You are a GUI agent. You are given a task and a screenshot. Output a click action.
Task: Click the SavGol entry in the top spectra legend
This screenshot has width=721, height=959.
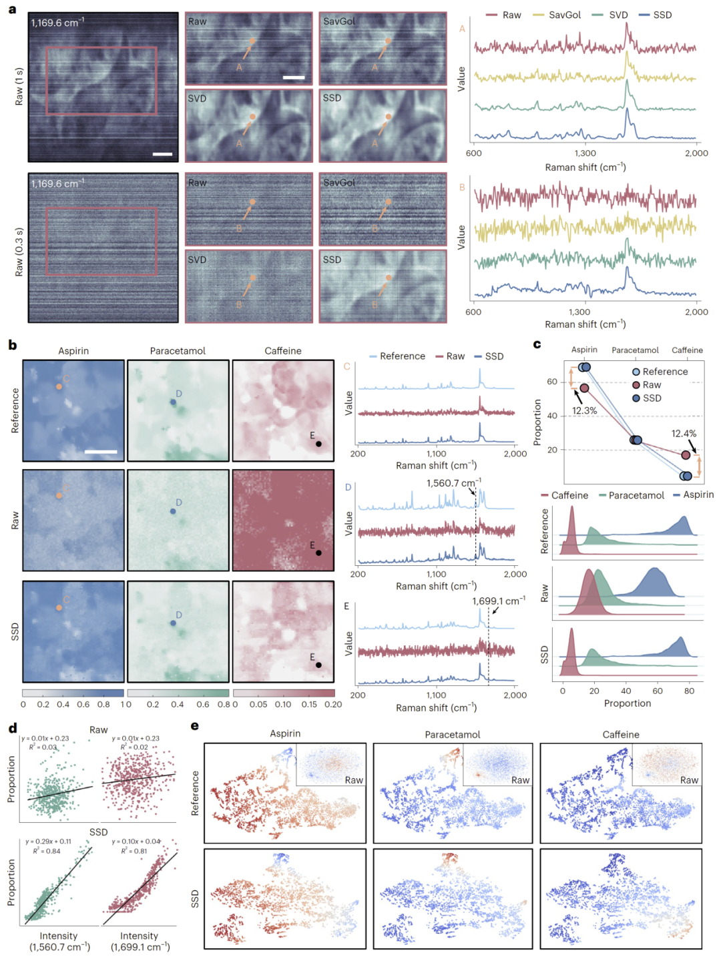pyautogui.click(x=565, y=15)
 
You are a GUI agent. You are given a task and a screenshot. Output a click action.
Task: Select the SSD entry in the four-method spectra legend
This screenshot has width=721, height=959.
pyautogui.click(x=662, y=15)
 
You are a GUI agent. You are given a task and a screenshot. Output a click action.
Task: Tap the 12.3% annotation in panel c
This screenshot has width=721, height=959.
pyautogui.click(x=584, y=410)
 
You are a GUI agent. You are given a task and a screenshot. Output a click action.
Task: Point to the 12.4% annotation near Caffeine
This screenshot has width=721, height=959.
pyautogui.click(x=684, y=434)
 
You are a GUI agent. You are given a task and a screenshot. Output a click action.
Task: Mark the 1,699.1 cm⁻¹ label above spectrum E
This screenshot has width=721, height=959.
pyautogui.click(x=498, y=601)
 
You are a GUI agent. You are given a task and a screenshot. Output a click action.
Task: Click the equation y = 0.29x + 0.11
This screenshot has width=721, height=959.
pyautogui.click(x=49, y=842)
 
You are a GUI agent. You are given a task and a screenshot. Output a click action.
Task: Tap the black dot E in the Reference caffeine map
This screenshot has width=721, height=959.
pyautogui.click(x=318, y=444)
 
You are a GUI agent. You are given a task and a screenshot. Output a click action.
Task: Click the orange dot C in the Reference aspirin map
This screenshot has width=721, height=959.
pyautogui.click(x=59, y=386)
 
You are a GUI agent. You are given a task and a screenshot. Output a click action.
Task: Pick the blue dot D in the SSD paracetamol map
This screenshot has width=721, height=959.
pyautogui.click(x=173, y=623)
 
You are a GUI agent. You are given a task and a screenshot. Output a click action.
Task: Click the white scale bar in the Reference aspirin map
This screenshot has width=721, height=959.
pyautogui.click(x=101, y=452)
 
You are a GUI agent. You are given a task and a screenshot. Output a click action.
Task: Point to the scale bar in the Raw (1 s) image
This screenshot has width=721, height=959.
pyautogui.click(x=162, y=154)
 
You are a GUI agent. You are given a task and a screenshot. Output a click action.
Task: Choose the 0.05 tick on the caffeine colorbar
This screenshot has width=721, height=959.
pyautogui.click(x=258, y=704)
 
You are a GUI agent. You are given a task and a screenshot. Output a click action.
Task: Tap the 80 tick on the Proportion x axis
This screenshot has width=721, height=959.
pyautogui.click(x=689, y=691)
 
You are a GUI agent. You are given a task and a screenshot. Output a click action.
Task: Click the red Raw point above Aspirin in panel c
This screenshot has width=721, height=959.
pyautogui.click(x=584, y=388)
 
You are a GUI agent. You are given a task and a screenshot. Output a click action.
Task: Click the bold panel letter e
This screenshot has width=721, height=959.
pyautogui.click(x=195, y=726)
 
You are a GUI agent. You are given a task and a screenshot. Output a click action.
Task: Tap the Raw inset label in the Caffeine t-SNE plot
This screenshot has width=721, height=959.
pyautogui.click(x=689, y=779)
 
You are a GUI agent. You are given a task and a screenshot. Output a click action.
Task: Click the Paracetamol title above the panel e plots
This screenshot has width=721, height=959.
pyautogui.click(x=453, y=734)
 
